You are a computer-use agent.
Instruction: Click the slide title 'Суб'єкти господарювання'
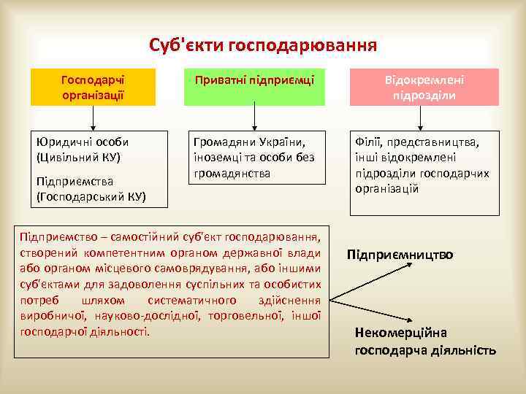263,46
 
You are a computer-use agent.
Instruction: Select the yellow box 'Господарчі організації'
94,87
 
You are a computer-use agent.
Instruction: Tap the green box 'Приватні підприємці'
254,80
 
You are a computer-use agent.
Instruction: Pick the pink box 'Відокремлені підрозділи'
424,87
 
